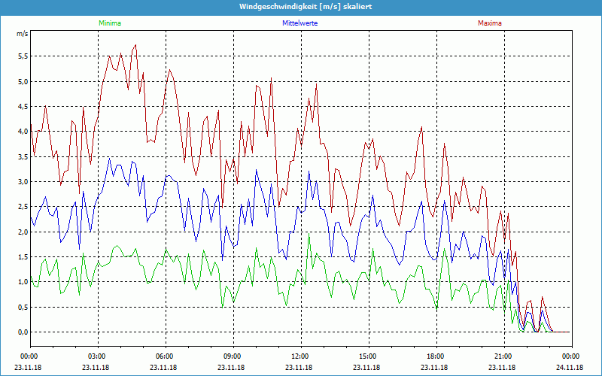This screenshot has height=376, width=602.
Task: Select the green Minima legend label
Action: (109, 23)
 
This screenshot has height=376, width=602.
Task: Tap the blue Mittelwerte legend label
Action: (299, 23)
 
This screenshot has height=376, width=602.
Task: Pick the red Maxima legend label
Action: (489, 23)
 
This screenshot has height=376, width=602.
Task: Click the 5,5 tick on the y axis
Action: (23, 56)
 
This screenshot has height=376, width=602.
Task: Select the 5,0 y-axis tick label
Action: (23, 81)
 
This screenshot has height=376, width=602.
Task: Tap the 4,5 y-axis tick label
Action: (23, 106)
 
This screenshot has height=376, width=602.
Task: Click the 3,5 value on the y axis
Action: (23, 156)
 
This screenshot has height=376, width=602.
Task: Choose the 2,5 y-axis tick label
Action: (23, 207)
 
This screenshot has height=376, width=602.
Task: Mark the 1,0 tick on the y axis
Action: (23, 282)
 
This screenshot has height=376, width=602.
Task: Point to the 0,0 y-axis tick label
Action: (23, 332)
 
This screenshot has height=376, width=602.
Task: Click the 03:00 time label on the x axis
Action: (97, 356)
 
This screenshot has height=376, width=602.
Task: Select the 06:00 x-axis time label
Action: (165, 356)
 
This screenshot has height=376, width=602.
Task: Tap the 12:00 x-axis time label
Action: (299, 356)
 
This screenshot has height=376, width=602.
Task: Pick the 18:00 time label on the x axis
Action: (435, 356)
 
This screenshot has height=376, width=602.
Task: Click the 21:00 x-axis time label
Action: (503, 356)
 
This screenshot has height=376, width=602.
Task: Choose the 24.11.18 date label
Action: (570, 368)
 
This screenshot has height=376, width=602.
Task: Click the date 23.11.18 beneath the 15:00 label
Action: (367, 368)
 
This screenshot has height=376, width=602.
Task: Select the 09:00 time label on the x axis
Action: (232, 356)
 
